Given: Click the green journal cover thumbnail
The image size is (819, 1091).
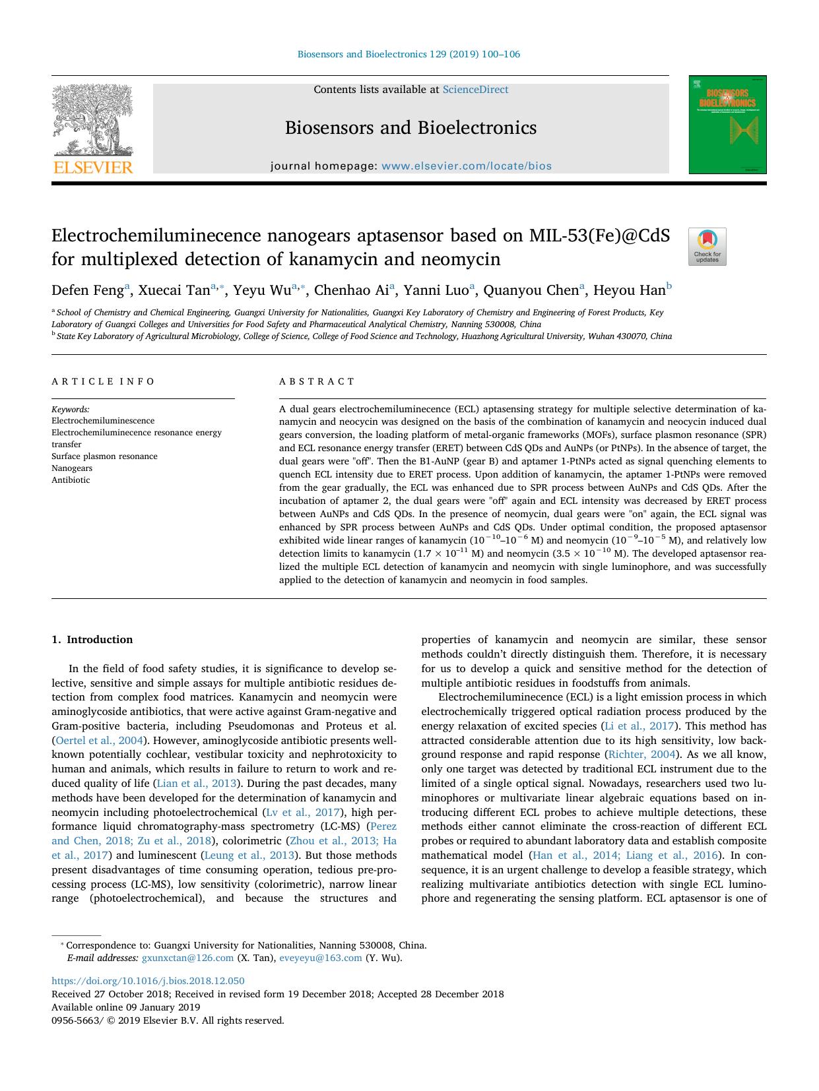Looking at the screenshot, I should [x=727, y=125].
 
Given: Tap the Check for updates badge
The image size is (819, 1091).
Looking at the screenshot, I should [x=707, y=247].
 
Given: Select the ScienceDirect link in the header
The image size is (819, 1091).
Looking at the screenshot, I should [x=475, y=90].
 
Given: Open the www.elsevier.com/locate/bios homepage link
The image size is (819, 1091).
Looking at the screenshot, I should [x=466, y=166].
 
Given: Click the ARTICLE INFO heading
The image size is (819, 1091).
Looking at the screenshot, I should [x=103, y=381].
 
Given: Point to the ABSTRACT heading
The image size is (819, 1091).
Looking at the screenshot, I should [x=317, y=381].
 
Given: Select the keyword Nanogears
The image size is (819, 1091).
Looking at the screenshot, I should [x=72, y=468].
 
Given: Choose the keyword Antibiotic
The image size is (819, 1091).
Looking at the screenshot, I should [x=71, y=480].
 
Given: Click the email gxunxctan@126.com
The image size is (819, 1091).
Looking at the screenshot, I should [x=187, y=958].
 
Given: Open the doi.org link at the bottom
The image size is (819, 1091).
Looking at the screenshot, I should [x=148, y=981].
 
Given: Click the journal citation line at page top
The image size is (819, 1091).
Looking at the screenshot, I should [x=409, y=54].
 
